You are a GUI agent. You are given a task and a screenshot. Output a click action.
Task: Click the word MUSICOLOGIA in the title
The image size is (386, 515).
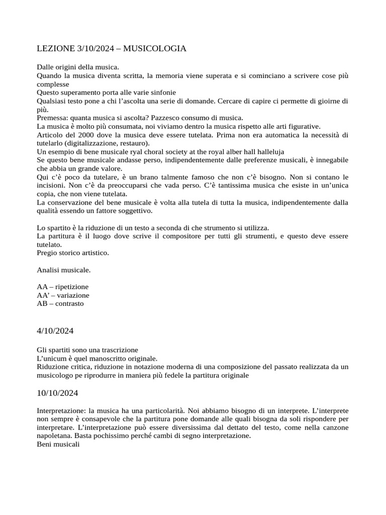click(x=155, y=48)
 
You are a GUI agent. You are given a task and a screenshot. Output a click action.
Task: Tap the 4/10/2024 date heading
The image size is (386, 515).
click(x=55, y=331)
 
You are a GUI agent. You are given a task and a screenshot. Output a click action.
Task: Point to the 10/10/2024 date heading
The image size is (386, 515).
click(x=57, y=393)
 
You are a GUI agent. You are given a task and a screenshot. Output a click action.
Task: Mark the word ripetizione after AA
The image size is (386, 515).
click(x=72, y=287)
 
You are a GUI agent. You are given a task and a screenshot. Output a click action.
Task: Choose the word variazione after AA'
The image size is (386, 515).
click(x=73, y=295)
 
